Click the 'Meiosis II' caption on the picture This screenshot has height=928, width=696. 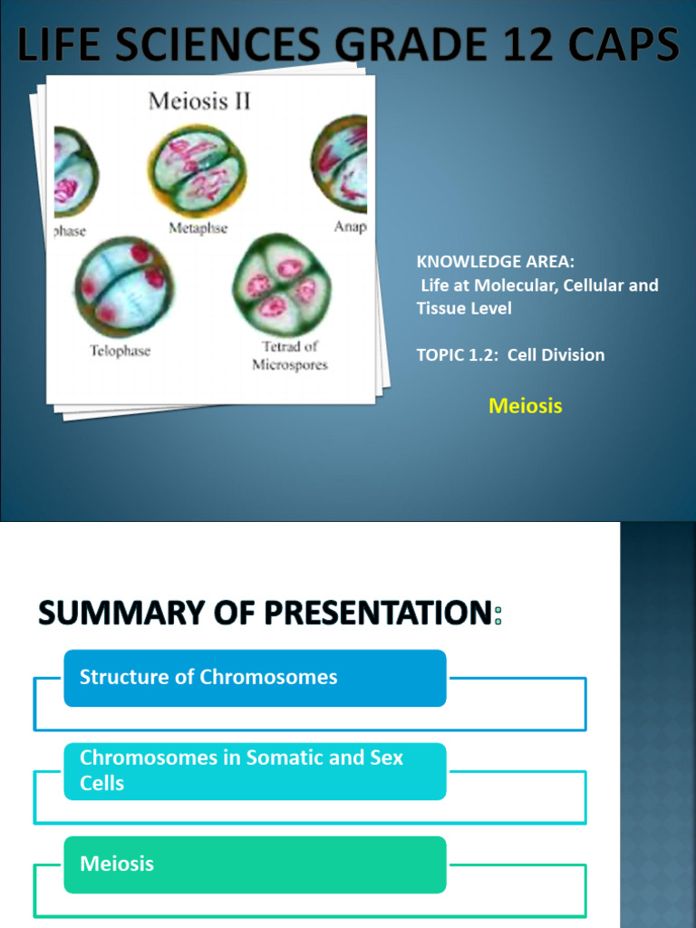click(199, 101)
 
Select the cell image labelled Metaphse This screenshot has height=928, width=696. click(198, 169)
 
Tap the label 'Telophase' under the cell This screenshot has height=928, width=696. click(119, 350)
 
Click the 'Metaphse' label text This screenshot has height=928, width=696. click(198, 228)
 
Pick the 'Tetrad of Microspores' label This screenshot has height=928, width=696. click(290, 356)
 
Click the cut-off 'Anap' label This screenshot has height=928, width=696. click(350, 227)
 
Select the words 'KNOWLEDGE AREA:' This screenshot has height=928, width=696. click(495, 262)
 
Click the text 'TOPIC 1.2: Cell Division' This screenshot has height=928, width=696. click(510, 354)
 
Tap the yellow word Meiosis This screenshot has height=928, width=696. click(526, 406)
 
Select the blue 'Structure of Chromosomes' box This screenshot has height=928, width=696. click(255, 678)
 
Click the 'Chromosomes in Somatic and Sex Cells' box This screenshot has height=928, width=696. click(255, 770)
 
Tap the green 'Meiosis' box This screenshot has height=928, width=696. click(255, 864)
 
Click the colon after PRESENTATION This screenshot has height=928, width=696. click(498, 617)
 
